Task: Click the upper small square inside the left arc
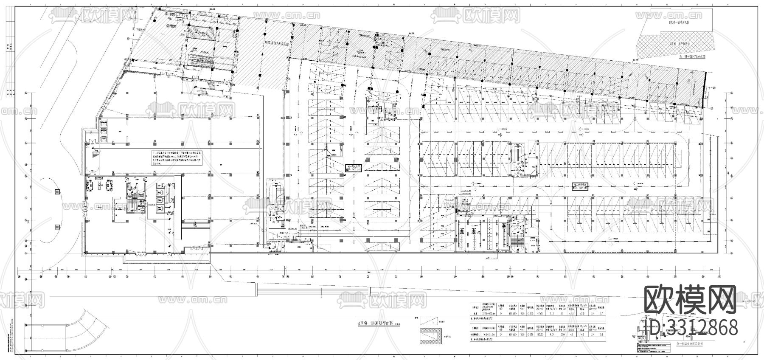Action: click(57, 192)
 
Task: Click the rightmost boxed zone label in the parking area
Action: click(580, 186)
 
